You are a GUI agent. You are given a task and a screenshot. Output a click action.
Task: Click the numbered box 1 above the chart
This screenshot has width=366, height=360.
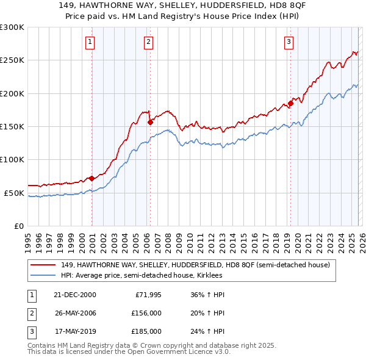coord(90,42)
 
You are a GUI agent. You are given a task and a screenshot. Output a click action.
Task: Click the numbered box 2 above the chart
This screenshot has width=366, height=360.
coord(148,42)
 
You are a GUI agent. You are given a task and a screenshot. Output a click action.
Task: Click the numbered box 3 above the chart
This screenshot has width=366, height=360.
coord(288,42)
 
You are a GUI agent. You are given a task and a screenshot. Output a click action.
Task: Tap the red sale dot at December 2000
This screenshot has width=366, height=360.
coord(92,178)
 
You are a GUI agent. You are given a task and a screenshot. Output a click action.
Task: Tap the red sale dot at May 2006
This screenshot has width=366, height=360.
coord(150,122)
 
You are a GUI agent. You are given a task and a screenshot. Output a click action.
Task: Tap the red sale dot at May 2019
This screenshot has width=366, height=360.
coord(290,103)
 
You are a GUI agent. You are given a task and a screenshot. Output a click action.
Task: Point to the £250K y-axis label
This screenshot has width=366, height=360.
coord(12,60)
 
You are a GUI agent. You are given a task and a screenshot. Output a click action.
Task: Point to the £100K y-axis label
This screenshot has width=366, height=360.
coord(12,160)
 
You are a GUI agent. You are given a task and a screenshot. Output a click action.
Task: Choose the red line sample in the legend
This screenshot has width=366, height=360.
coord(44,265)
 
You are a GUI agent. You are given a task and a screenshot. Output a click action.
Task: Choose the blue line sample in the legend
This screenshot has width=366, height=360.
coord(44,276)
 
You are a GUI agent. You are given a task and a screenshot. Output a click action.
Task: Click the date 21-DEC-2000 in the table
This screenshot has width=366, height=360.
coord(74,295)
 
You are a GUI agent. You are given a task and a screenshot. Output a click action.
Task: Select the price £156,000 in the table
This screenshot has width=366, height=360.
coord(146,313)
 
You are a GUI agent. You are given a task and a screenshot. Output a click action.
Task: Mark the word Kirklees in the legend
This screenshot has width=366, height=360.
coord(217,276)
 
